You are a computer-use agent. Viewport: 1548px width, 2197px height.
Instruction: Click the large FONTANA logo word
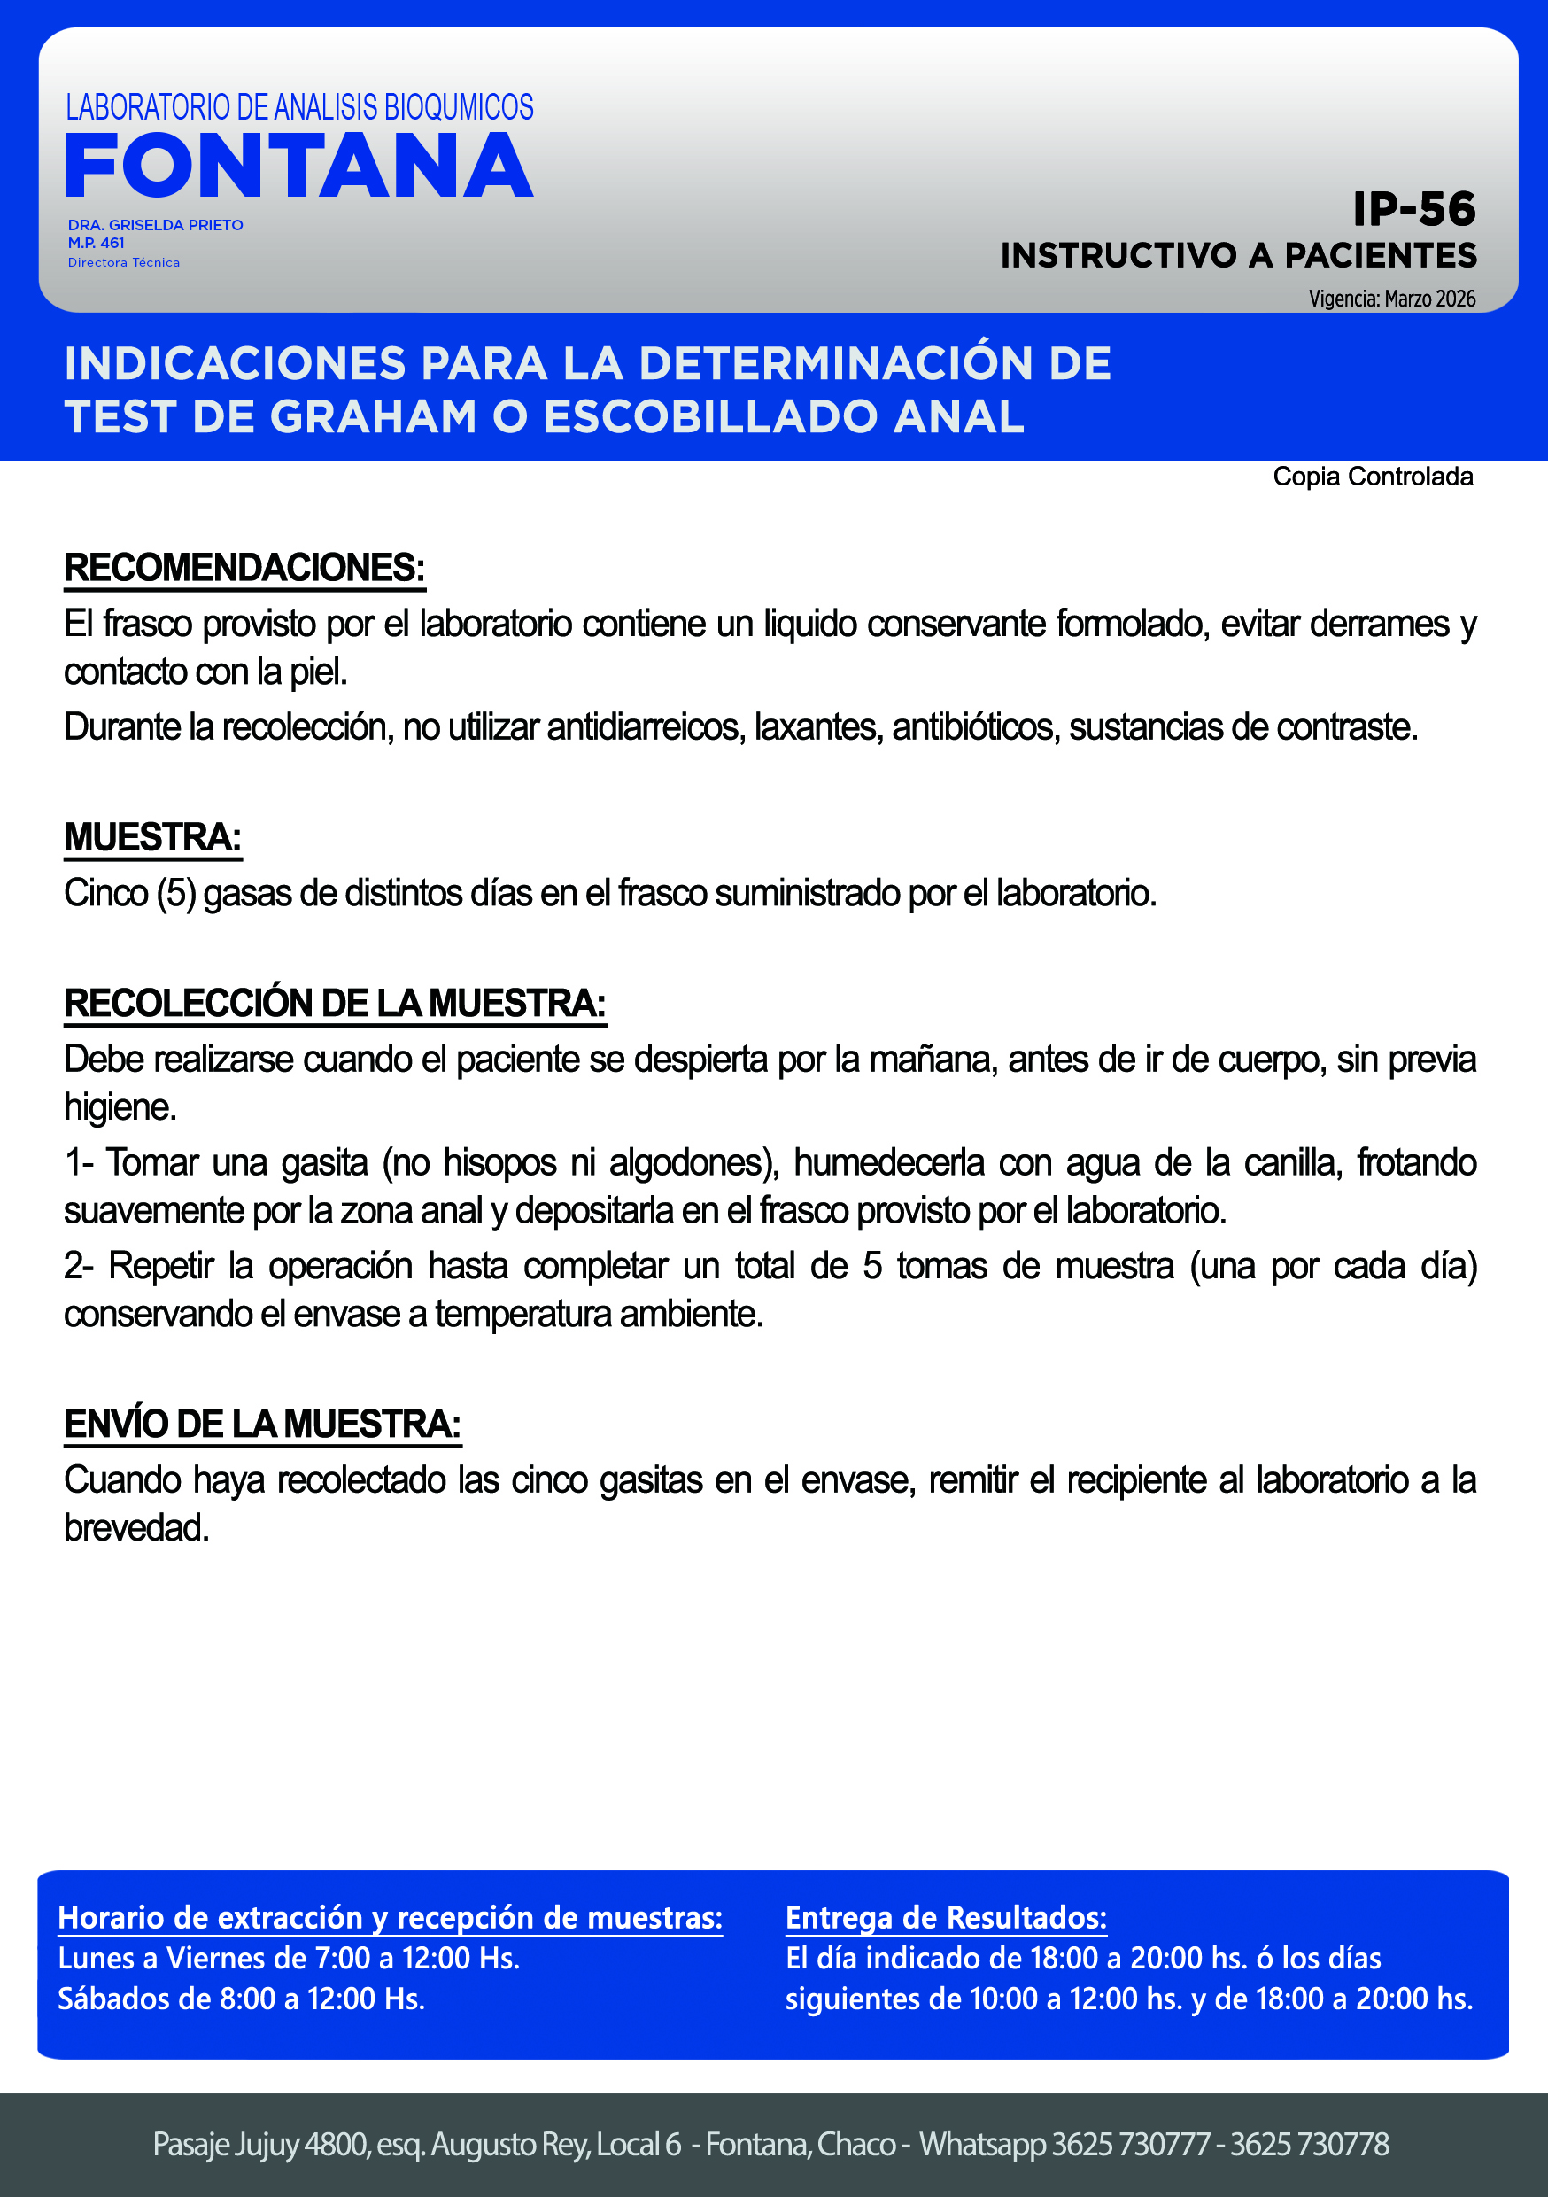point(298,167)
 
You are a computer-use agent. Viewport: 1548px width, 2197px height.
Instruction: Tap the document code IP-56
point(1413,210)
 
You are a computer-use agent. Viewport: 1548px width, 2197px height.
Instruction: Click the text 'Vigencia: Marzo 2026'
point(1391,299)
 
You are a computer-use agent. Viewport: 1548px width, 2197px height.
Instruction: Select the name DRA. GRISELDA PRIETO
point(155,225)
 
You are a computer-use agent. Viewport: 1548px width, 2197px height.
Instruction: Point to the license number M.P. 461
point(96,243)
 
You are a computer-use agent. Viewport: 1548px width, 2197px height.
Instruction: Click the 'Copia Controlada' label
point(1372,477)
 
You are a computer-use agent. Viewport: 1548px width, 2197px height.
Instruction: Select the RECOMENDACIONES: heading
point(244,568)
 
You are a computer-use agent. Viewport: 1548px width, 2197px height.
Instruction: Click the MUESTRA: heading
point(152,837)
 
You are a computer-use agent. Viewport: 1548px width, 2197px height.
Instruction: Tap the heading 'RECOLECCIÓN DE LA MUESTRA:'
point(334,1003)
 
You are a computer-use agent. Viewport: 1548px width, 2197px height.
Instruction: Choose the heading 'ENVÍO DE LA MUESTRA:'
point(262,1424)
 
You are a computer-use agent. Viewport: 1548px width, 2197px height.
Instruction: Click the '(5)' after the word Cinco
point(176,894)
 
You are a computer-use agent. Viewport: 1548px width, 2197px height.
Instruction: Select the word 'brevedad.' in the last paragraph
point(135,1528)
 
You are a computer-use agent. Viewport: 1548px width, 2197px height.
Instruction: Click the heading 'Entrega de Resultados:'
point(945,1918)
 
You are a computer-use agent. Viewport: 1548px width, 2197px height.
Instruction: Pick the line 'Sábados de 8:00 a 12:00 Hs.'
point(241,1999)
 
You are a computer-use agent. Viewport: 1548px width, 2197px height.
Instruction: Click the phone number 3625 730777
point(1131,2145)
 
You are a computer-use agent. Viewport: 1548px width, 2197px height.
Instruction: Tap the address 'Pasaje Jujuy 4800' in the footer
point(260,2145)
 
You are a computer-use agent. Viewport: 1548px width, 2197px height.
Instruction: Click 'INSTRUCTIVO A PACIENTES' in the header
point(1238,255)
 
